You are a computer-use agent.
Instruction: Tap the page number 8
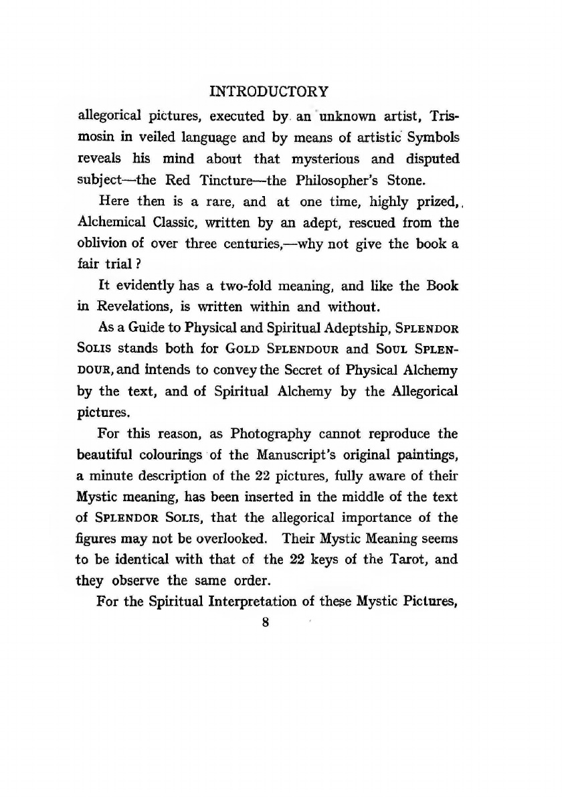coord(266,622)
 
